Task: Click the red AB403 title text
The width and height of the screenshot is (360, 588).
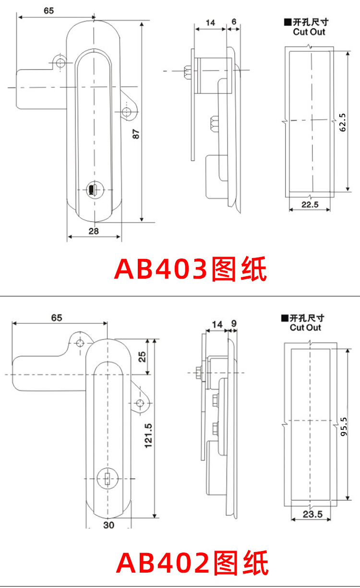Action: coord(190,270)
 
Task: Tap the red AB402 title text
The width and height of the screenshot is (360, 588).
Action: coord(192,563)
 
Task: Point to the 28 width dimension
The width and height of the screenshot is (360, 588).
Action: coord(94,231)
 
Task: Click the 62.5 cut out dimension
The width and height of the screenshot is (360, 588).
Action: coord(342,123)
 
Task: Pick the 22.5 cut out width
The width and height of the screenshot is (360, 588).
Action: coord(310,204)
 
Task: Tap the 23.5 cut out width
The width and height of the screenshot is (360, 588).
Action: coord(312,515)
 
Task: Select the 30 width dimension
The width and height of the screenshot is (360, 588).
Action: coord(109,525)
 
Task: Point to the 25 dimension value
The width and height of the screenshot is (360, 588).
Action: coord(142,356)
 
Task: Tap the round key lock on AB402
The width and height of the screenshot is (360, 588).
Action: coord(107,478)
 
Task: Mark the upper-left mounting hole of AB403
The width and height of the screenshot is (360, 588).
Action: coord(60,63)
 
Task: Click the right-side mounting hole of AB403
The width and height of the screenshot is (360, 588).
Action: coord(127,112)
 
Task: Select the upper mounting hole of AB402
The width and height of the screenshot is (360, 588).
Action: coord(80,342)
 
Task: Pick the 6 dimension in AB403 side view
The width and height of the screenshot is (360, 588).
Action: coord(233,22)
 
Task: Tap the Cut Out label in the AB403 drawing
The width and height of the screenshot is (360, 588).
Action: coord(309,32)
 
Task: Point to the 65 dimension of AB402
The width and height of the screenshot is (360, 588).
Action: coord(57,318)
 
